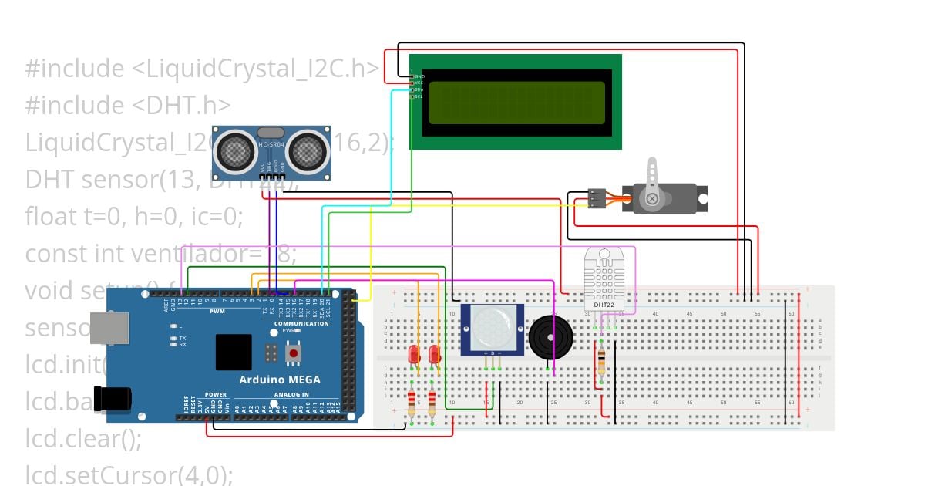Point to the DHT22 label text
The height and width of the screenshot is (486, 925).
tap(604, 305)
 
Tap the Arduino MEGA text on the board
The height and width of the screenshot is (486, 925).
tap(279, 380)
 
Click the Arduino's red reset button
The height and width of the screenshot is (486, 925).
tap(293, 353)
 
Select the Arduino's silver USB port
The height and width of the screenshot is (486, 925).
tap(109, 328)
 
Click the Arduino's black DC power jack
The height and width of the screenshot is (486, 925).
tap(111, 400)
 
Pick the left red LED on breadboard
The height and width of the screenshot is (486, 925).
tap(413, 355)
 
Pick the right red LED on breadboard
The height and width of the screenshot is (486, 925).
tap(434, 355)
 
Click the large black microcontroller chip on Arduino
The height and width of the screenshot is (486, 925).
tap(234, 352)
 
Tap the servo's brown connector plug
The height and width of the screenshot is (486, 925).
tap(594, 199)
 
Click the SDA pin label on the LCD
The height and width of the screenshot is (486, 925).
tap(419, 89)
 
